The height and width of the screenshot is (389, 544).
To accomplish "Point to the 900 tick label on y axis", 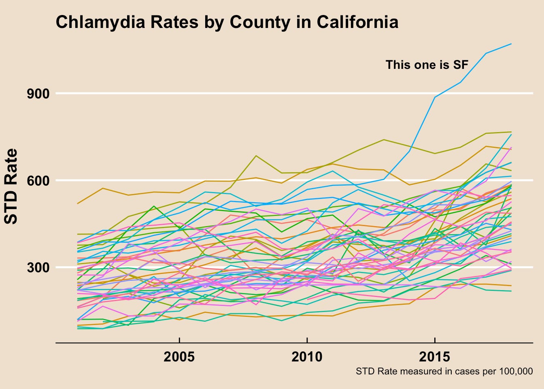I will point(38,94).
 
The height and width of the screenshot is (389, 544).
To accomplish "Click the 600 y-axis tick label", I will point(38,180).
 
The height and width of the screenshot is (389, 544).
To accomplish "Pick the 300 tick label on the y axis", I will point(38,267).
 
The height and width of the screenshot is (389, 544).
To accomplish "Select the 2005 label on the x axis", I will point(179,357).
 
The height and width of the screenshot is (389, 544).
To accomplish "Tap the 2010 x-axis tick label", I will point(307,357).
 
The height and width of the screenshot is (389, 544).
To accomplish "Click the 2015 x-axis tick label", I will point(435,357).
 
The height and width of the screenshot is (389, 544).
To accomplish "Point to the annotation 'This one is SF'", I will point(427,65).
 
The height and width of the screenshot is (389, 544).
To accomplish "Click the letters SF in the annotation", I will point(460,65).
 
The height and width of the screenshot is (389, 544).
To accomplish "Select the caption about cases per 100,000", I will point(444,371).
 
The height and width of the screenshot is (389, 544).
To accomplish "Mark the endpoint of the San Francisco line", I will point(511,44).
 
